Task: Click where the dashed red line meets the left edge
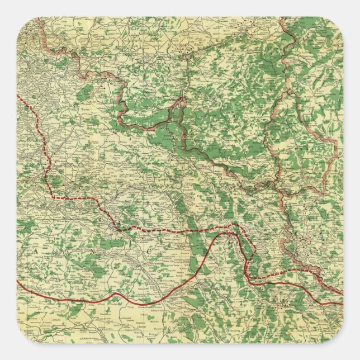[x=18, y=96]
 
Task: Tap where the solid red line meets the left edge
[x=18, y=281]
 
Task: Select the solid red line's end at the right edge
[x=342, y=304]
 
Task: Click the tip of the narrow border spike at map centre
[x=183, y=98]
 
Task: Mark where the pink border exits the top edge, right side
[x=281, y=18]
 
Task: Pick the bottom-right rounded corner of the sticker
[x=337, y=337]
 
